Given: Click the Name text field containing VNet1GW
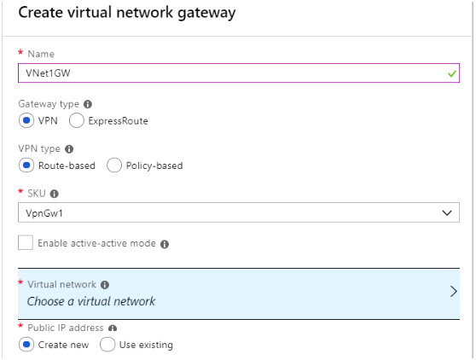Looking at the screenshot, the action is [x=239, y=73].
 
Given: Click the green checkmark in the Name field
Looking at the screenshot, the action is [x=452, y=73].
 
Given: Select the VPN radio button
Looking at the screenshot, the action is [x=26, y=120].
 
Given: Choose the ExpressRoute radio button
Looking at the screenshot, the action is [x=76, y=120].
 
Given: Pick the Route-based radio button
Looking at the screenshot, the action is [x=26, y=165].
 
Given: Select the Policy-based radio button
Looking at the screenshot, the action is [x=114, y=165].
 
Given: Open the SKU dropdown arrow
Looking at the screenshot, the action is [x=447, y=212].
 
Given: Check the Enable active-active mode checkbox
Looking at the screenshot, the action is [x=26, y=242].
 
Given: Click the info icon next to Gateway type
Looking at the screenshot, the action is [x=88, y=104].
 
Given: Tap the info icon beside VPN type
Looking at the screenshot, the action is [x=69, y=149].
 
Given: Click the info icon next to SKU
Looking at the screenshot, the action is [x=55, y=194].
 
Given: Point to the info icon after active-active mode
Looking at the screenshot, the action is [x=165, y=244].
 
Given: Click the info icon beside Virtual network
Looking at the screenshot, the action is [x=105, y=285].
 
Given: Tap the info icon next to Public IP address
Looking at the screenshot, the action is [x=113, y=328].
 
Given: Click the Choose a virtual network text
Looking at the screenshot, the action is [x=91, y=301].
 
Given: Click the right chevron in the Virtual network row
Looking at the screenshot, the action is [x=454, y=292].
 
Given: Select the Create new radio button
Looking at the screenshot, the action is [x=26, y=345].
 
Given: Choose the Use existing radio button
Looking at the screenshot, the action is [x=107, y=345].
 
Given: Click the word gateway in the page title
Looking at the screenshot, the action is [x=206, y=14].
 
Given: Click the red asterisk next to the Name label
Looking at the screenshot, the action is [x=20, y=52].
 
